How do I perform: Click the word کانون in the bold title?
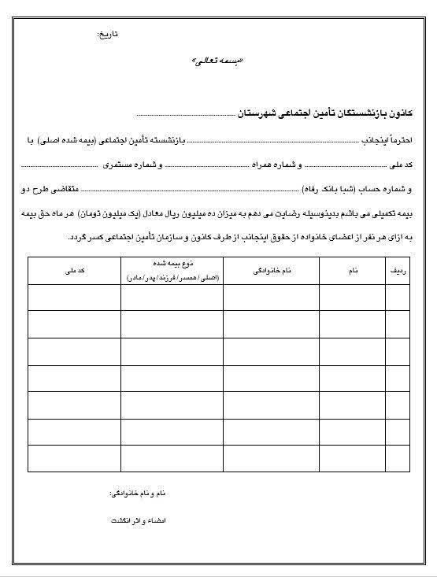410,114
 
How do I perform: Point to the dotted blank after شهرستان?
186,115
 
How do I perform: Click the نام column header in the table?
353,270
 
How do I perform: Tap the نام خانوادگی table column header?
272,270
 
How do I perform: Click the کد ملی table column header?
75,270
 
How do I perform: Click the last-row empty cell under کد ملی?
75,457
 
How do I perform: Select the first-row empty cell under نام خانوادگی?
272,297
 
